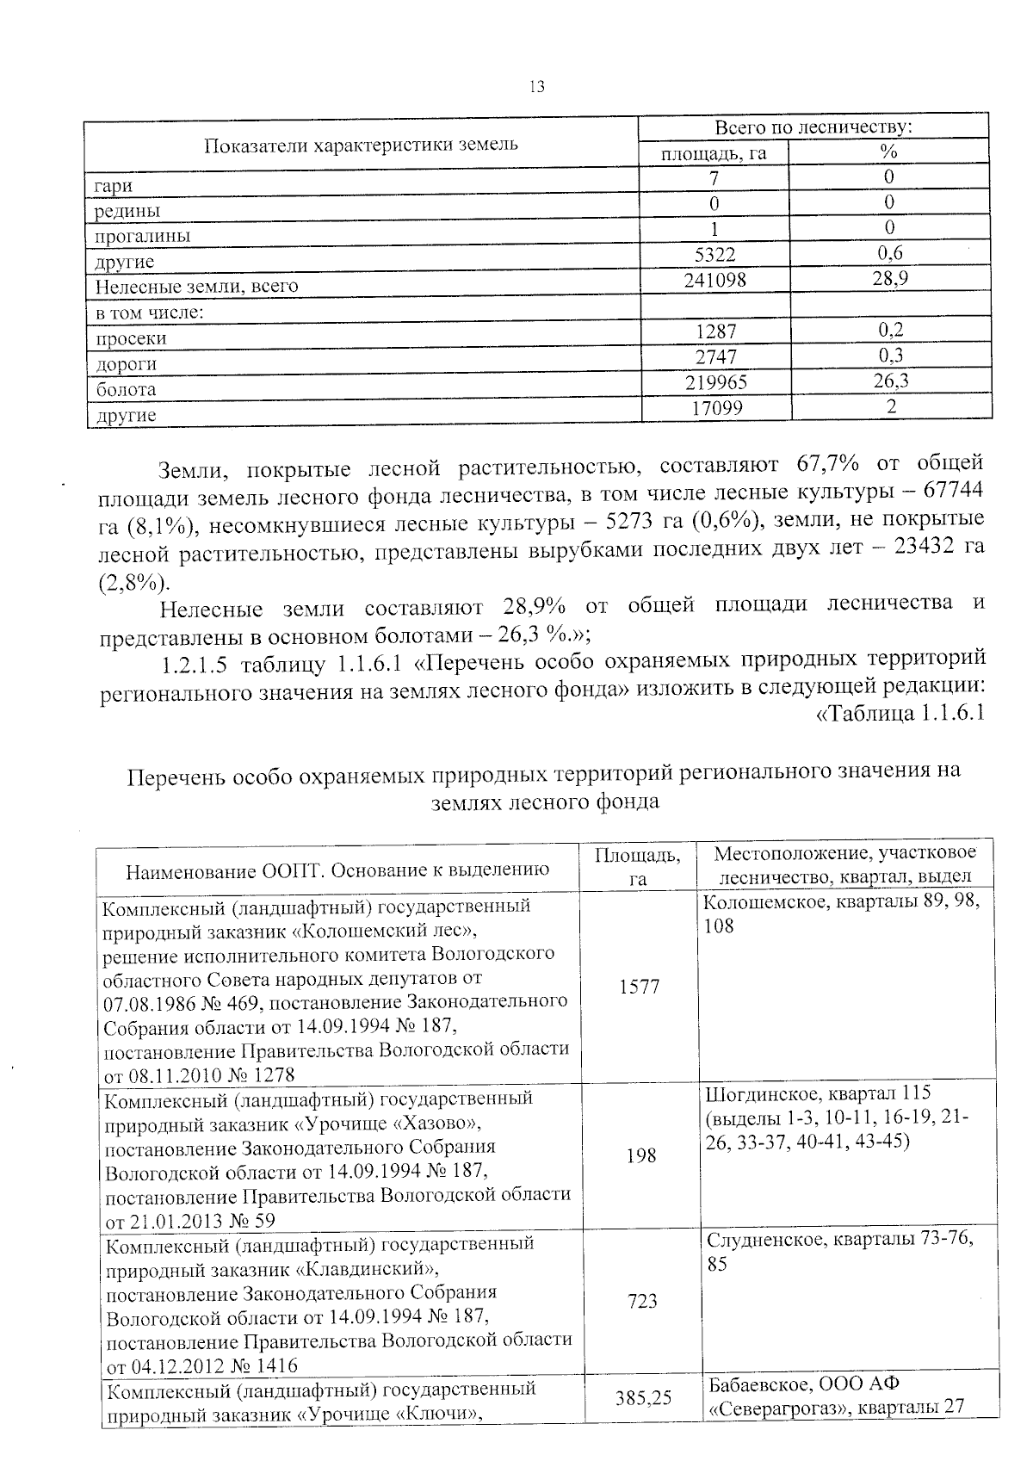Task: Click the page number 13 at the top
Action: (x=536, y=87)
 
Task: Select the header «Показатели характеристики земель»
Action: (x=361, y=144)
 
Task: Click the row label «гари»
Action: (x=114, y=186)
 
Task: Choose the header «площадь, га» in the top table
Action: (x=713, y=154)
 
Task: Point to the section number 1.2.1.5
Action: (x=196, y=664)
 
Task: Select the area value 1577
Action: (x=639, y=987)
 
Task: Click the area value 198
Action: (x=640, y=1155)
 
